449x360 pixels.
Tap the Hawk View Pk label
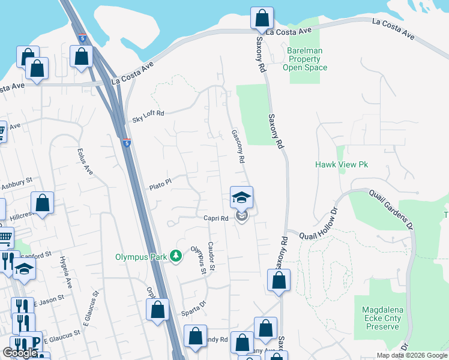(x=342, y=164)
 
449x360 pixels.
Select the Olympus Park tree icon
(x=176, y=256)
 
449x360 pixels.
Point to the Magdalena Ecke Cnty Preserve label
(x=381, y=318)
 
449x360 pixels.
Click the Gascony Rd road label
(x=238, y=147)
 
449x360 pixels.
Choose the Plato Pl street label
(x=160, y=184)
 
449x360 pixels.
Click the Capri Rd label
(x=215, y=218)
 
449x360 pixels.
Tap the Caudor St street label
(x=212, y=254)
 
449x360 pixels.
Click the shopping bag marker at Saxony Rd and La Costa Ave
(x=262, y=19)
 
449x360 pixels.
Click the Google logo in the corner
(x=20, y=353)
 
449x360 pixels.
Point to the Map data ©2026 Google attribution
(x=411, y=355)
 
